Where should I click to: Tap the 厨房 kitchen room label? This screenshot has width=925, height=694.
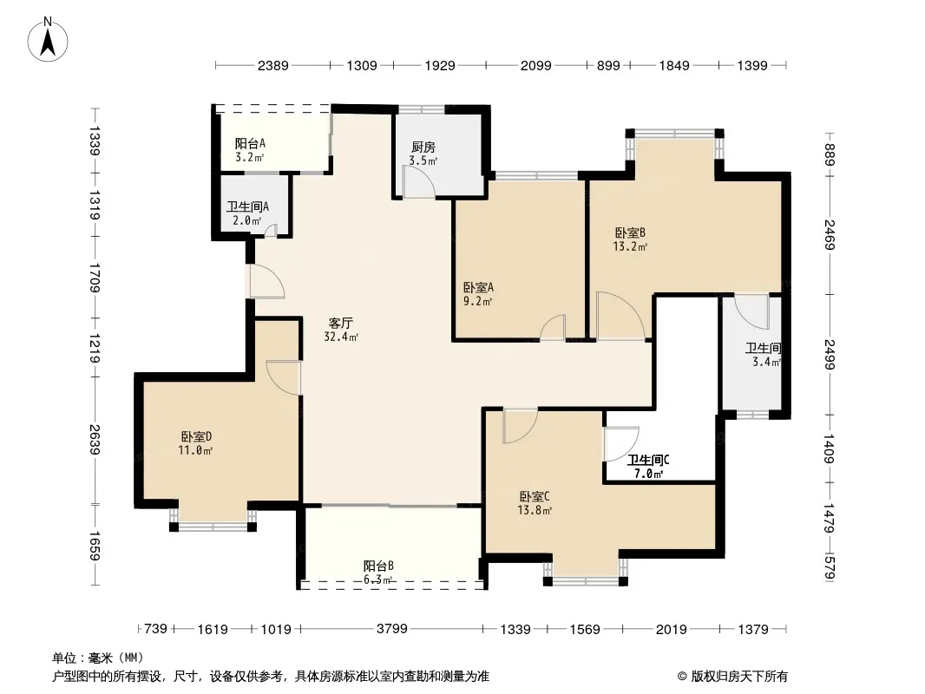click(423, 147)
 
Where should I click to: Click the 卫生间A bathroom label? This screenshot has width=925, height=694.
click(247, 207)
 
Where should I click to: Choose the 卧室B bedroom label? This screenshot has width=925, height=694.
click(630, 232)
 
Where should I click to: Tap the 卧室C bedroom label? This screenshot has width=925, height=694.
click(535, 497)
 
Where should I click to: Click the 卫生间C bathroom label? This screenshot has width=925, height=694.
click(647, 461)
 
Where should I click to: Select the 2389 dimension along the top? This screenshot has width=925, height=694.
click(272, 65)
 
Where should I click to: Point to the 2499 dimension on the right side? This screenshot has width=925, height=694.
click(830, 353)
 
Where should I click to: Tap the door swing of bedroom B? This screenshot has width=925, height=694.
click(620, 316)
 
